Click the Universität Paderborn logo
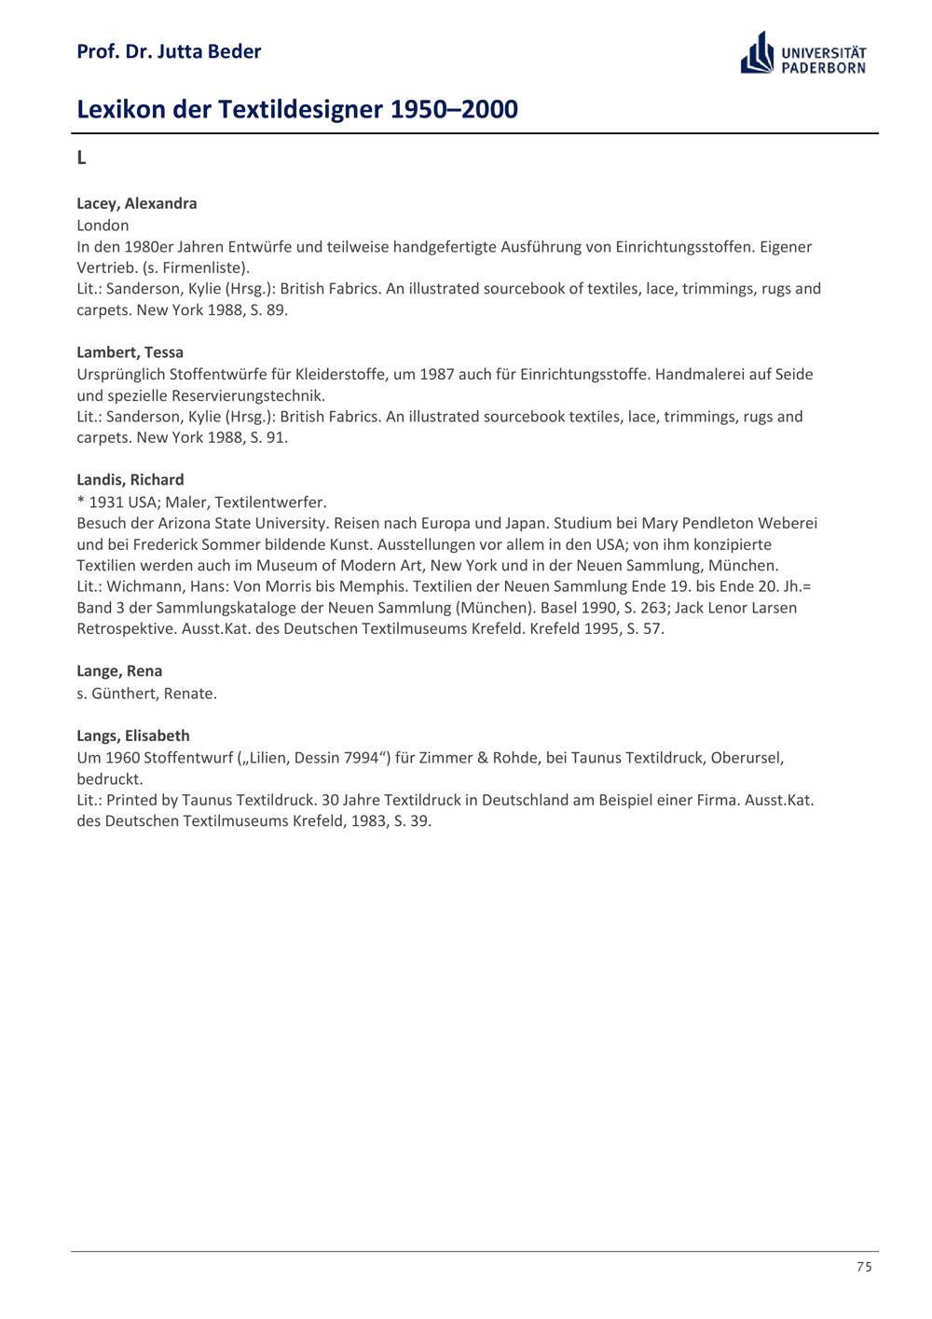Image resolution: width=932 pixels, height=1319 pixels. click(803, 54)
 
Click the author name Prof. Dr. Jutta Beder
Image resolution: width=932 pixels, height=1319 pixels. click(169, 51)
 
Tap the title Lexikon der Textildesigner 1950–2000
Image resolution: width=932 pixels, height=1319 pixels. click(296, 109)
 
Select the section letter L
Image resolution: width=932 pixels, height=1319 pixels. click(81, 158)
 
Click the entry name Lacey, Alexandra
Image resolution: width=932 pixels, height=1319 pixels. click(136, 203)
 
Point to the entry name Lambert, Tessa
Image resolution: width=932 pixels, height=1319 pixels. click(130, 352)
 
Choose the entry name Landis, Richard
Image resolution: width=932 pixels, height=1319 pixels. click(130, 480)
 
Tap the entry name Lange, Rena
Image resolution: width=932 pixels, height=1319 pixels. click(119, 671)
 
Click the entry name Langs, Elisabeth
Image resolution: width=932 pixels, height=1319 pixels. click(132, 735)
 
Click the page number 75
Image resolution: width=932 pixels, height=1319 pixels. click(864, 1267)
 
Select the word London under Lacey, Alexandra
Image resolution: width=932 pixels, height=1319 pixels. click(103, 226)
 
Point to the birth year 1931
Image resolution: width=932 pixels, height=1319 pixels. click(106, 501)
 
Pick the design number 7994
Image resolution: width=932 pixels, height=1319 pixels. click(362, 757)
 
